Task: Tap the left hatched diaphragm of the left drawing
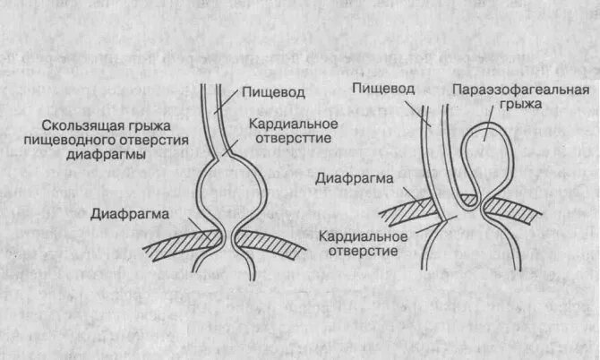point(179,244)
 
